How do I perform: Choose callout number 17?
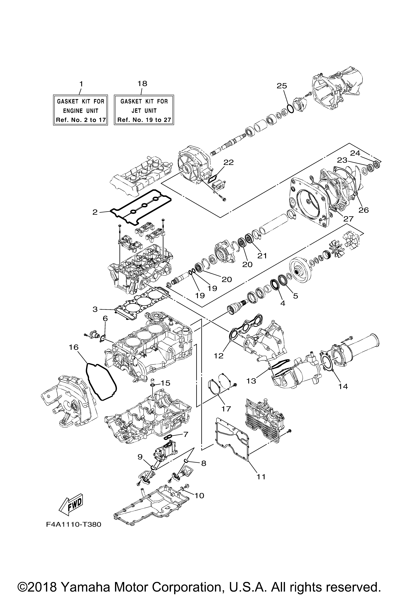click(x=226, y=409)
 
